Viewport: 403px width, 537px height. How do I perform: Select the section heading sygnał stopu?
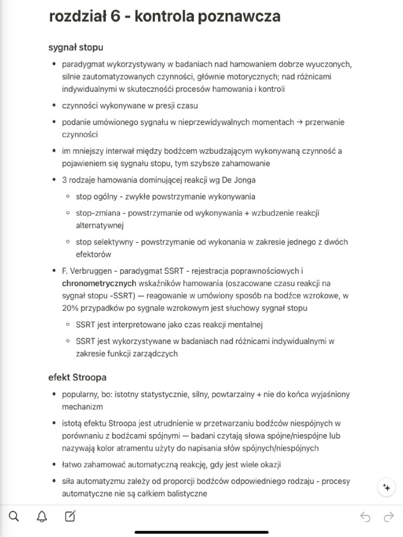tap(76, 48)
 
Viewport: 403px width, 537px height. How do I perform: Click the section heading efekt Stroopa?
tap(77, 377)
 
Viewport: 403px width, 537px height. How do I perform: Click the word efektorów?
tap(93, 254)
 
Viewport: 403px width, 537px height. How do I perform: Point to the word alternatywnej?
tap(99, 225)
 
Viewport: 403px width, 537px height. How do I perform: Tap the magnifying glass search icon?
tap(14, 517)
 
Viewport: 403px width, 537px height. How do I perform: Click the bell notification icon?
tap(42, 517)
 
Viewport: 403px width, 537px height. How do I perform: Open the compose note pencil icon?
tap(70, 517)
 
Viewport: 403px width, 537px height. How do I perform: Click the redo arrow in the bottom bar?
tap(389, 517)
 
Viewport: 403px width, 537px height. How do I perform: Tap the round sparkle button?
tap(386, 487)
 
